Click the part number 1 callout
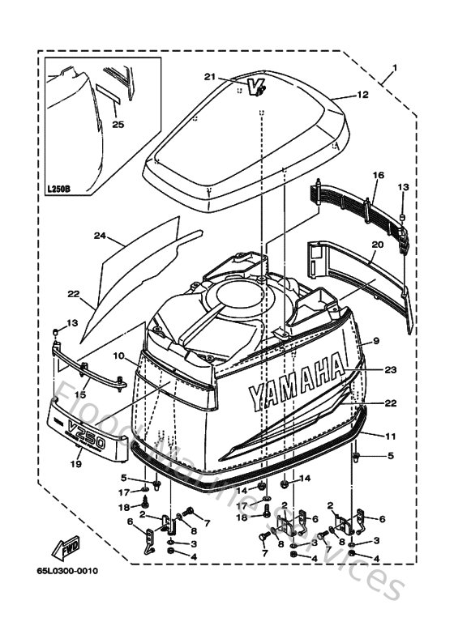point(395,66)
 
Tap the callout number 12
point(362,95)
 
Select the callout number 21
point(209,77)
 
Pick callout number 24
point(101,236)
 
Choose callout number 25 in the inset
point(118,124)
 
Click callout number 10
point(118,356)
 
